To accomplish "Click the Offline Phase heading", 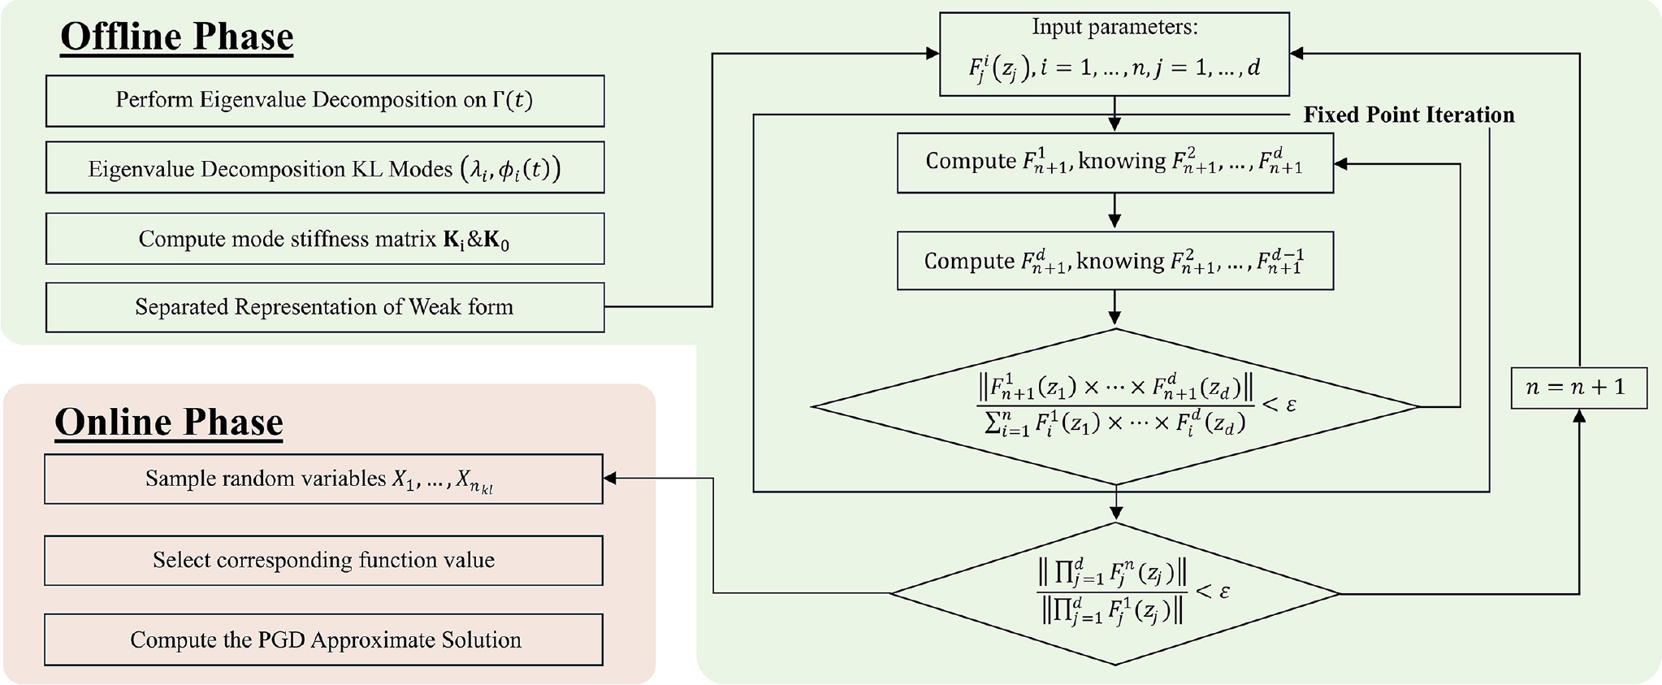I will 176,37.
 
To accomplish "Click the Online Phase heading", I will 168,423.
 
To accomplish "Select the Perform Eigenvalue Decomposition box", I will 324,101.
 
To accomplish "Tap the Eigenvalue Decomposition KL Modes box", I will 324,168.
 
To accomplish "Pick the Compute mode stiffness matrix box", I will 324,239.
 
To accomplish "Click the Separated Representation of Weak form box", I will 324,307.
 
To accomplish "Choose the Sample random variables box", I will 323,479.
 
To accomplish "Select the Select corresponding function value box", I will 323,560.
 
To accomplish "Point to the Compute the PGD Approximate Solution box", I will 323,639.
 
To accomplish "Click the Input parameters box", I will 1114,54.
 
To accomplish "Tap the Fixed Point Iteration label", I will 1409,115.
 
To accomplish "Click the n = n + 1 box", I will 1578,388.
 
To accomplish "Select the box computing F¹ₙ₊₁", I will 1114,163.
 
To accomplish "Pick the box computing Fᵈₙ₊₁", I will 1114,261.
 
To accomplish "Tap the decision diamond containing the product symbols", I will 1114,594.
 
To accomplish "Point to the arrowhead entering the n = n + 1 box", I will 1579,416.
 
